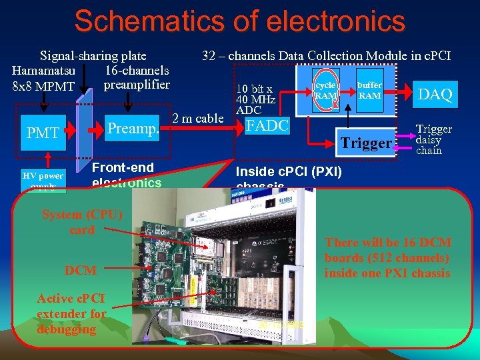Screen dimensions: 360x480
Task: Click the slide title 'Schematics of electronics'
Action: click(x=239, y=21)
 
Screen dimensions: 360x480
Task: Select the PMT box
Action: click(x=43, y=133)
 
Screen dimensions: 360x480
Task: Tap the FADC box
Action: click(x=267, y=125)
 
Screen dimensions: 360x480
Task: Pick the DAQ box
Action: click(x=435, y=95)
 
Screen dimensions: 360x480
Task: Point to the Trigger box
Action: click(x=366, y=143)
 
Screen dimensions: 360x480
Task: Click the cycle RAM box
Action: click(x=325, y=91)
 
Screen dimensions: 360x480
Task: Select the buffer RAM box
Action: click(x=369, y=91)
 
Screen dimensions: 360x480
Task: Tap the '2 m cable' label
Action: click(x=198, y=119)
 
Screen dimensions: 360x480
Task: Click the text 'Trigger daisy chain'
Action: click(x=433, y=140)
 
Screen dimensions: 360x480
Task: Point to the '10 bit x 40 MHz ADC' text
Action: click(x=255, y=99)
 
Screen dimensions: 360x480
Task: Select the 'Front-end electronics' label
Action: click(x=126, y=175)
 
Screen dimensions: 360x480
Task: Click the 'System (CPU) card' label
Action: click(x=82, y=222)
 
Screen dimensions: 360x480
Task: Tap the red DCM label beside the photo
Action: click(x=81, y=270)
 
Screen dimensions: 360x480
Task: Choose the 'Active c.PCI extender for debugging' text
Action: click(x=71, y=313)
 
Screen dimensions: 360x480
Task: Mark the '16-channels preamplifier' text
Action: click(x=137, y=77)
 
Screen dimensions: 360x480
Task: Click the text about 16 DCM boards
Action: click(x=387, y=257)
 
